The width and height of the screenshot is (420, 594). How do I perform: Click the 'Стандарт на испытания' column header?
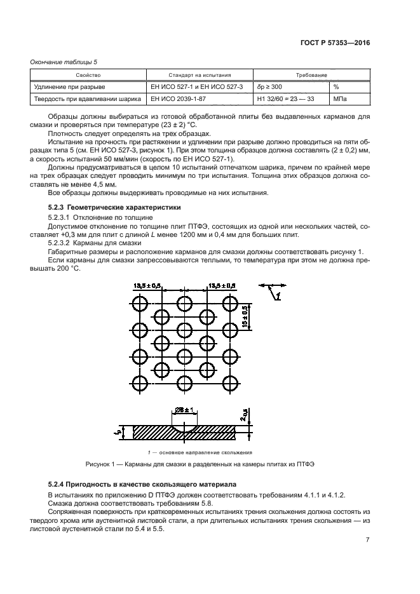tap(199, 74)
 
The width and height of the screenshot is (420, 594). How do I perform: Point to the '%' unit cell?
tap(336, 86)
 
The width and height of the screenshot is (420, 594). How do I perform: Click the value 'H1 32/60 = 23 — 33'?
tap(285, 99)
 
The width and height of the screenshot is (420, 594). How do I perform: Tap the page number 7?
tap(367, 540)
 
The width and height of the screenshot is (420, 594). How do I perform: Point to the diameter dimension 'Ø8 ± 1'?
tap(185, 411)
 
